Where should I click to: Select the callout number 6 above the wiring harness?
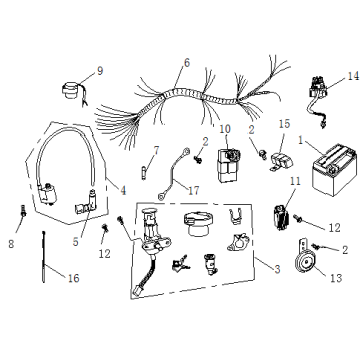(187, 63)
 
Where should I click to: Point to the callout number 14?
(353, 76)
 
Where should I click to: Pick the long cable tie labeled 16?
(44, 257)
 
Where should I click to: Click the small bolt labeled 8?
(24, 211)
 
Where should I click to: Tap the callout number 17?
(193, 191)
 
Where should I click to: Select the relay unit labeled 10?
(229, 165)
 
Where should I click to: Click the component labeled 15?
(281, 162)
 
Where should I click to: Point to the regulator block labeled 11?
(281, 217)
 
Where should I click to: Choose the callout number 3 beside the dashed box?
(277, 269)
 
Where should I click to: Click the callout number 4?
(123, 191)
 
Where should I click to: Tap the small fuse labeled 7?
(144, 174)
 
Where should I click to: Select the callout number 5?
(76, 242)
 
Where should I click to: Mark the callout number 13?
(336, 278)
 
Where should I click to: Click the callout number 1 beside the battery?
(301, 141)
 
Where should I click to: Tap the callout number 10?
(225, 129)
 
